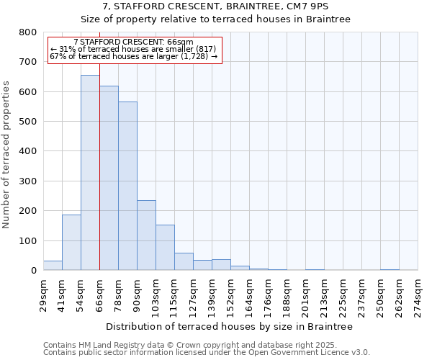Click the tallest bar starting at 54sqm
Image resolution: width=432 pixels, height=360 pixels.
coord(90,173)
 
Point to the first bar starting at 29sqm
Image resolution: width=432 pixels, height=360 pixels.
coord(53,266)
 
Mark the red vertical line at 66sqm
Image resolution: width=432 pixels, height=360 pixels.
coord(99,180)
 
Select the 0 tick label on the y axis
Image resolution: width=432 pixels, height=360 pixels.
coord(33,271)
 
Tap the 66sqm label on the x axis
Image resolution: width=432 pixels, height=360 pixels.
coord(100,294)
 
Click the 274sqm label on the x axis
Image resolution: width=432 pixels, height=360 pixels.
coord(419,295)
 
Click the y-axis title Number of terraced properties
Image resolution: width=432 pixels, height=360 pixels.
coord(7,154)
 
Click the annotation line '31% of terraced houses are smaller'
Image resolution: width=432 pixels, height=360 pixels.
coord(135,49)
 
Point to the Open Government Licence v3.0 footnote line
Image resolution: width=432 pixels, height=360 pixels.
coord(206,353)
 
